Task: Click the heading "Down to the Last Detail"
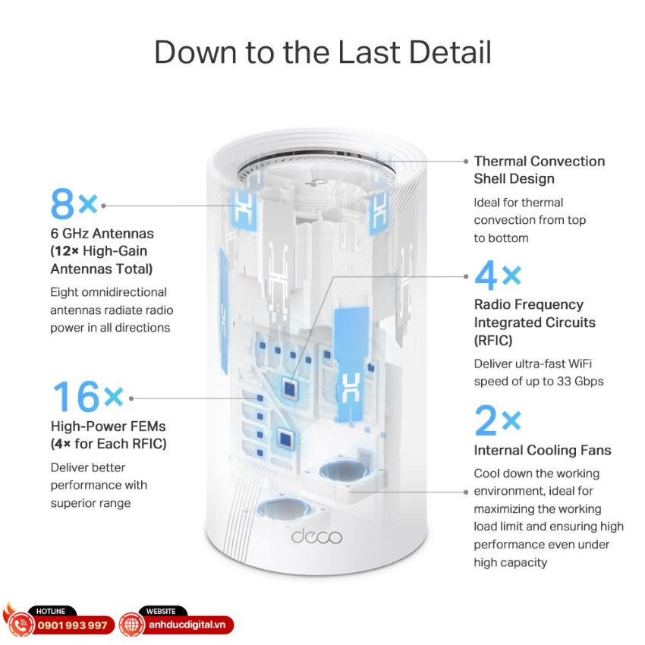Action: coord(322,52)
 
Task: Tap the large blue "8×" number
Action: coord(74,204)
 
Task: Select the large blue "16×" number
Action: coord(88,397)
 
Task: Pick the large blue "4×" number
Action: coord(497,275)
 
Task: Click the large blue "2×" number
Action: coord(497,420)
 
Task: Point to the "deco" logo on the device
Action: coord(316,536)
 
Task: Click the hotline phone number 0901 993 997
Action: coord(72,625)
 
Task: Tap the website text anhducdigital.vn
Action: coord(187,625)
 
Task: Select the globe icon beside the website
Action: coord(132,625)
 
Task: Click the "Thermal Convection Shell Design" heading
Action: coord(539,170)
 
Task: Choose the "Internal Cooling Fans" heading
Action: coord(542,451)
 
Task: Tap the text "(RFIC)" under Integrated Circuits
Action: coord(492,340)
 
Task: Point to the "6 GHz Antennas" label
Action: coord(102,234)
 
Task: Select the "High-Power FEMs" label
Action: coord(109,426)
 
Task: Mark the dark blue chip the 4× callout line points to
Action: coord(290,388)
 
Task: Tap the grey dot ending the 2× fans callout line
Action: coord(466,492)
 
